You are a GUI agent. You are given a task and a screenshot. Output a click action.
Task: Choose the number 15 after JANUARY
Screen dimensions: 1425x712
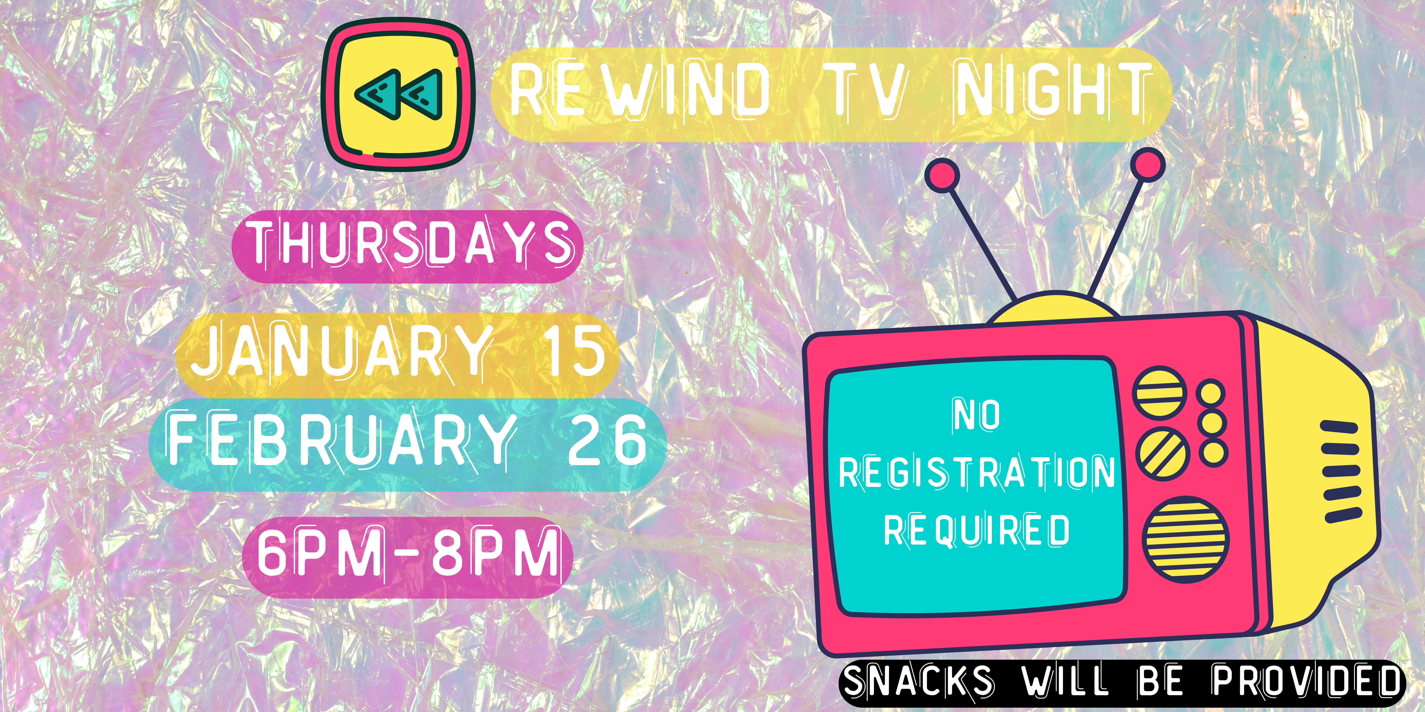pos(575,349)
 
